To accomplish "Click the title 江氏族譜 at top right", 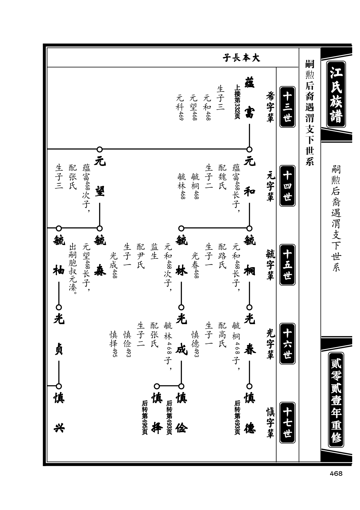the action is (x=336, y=94).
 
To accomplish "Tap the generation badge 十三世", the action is (x=287, y=106).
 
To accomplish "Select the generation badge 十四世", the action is (x=287, y=186).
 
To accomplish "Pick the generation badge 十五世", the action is (x=287, y=265).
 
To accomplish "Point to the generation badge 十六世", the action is (x=287, y=344).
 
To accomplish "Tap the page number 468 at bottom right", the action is (x=336, y=474).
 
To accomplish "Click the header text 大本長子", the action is (x=241, y=58).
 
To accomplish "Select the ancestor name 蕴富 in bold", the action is (x=250, y=97).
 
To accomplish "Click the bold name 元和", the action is (x=250, y=177).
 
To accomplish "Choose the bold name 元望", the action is (x=100, y=177).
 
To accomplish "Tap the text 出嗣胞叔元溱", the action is (x=72, y=269).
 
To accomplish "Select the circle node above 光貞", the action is (x=59, y=307).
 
